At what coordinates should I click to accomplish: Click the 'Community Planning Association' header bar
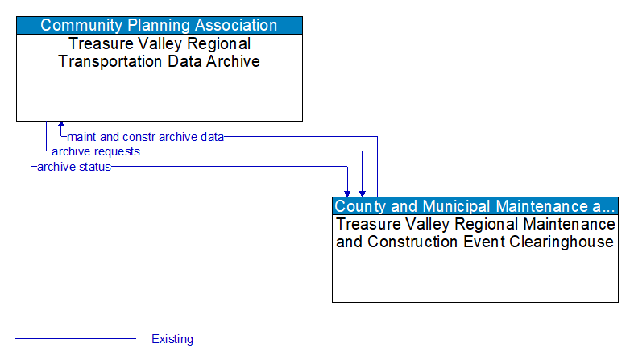pyautogui.click(x=160, y=25)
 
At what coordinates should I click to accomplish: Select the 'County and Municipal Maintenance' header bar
pyautogui.click(x=475, y=206)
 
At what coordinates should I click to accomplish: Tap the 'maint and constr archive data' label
pyautogui.click(x=145, y=137)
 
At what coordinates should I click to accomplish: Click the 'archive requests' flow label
pyautogui.click(x=95, y=151)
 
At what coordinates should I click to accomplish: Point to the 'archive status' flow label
pyautogui.click(x=73, y=167)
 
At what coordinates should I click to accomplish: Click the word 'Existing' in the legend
pyautogui.click(x=172, y=339)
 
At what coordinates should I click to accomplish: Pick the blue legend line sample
pyautogui.click(x=76, y=339)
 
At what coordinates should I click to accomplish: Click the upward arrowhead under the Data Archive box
pyautogui.click(x=60, y=126)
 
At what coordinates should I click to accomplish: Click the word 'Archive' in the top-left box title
pyautogui.click(x=233, y=61)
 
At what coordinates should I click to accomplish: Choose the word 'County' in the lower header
pyautogui.click(x=359, y=206)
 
